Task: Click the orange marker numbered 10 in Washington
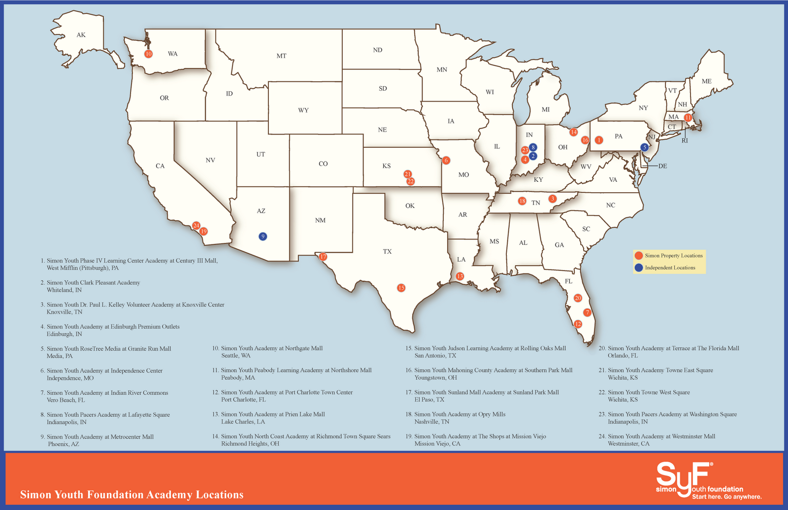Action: [x=148, y=54]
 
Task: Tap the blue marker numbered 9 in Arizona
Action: [x=263, y=237]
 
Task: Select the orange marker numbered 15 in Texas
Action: [x=401, y=288]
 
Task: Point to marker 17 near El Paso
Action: [x=323, y=257]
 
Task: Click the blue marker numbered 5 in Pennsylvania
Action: [x=644, y=147]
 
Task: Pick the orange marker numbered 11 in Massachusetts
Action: [x=688, y=118]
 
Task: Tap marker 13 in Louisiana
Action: [x=460, y=276]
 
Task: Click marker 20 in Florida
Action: [x=578, y=298]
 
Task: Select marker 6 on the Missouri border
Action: [x=446, y=160]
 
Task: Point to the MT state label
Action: [x=281, y=56]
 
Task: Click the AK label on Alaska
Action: [x=81, y=35]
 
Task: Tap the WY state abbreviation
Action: [x=303, y=110]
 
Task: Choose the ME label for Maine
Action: [x=707, y=81]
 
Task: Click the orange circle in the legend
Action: [x=639, y=255]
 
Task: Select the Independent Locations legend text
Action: [x=670, y=268]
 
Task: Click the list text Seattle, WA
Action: [x=236, y=355]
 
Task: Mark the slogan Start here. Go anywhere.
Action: [x=726, y=497]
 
